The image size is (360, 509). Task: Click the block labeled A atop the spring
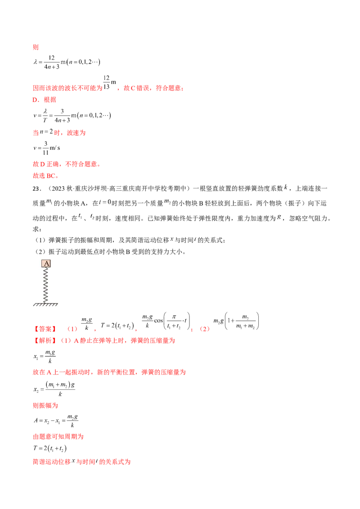[47, 263]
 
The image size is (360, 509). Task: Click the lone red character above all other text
[36, 47]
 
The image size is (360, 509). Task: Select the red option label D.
[35, 133]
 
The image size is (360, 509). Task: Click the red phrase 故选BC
[46, 176]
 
